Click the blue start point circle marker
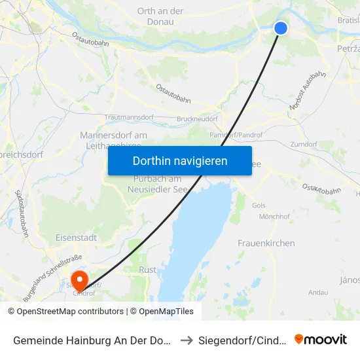point(280,27)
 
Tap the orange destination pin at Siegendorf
point(80,280)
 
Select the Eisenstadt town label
point(77,238)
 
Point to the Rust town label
point(147,270)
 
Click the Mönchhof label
point(274,216)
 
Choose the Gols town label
point(259,205)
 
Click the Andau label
point(318,292)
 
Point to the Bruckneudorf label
point(197,120)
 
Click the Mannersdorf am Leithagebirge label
point(113,140)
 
